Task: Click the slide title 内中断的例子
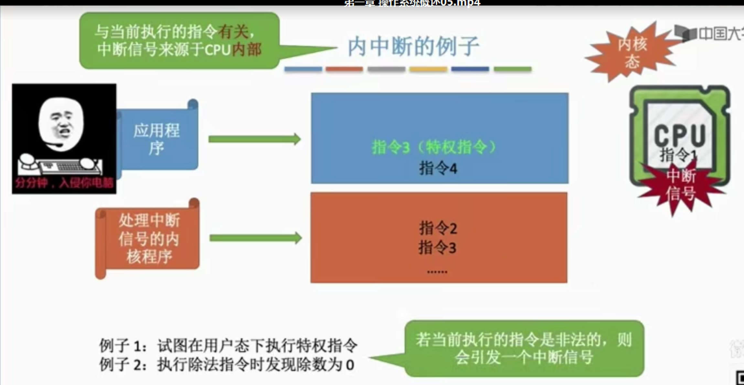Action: (x=413, y=47)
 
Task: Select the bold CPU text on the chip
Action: (x=679, y=135)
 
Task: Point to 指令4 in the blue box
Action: (x=438, y=168)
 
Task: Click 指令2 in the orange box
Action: (x=438, y=228)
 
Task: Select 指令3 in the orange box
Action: (x=437, y=248)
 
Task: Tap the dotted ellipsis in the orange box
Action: (x=437, y=272)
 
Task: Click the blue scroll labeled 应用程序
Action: (x=157, y=139)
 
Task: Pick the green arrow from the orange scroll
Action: (x=255, y=238)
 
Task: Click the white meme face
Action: (x=61, y=124)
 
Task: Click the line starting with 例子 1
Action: (x=228, y=346)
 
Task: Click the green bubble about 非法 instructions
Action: (x=524, y=348)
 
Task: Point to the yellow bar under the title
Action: (x=428, y=69)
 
